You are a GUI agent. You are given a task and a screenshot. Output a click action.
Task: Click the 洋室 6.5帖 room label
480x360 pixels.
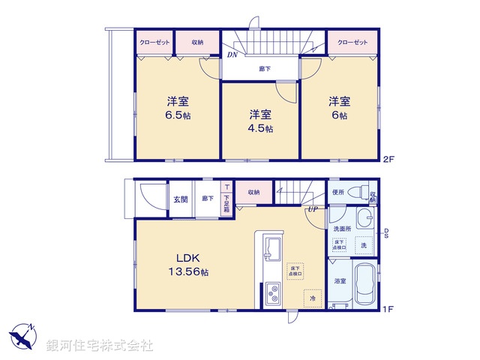(178, 109)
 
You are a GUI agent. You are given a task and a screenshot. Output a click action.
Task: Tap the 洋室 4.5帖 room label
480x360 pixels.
(261, 121)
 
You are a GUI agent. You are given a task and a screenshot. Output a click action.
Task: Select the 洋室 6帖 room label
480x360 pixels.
(339, 109)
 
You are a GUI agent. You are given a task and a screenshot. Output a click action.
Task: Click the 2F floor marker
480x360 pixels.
(388, 158)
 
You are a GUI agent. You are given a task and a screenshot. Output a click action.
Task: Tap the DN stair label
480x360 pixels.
(232, 55)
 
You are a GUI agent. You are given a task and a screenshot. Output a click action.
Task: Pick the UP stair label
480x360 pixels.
(310, 209)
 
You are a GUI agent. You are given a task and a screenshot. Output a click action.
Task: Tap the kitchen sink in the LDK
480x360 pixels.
(271, 247)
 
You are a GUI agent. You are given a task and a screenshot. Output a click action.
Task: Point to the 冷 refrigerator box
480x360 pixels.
(313, 298)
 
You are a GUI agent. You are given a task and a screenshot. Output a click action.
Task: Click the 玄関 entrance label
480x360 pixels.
(181, 199)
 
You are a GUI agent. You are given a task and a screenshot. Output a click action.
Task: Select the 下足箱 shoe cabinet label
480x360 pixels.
(226, 201)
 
